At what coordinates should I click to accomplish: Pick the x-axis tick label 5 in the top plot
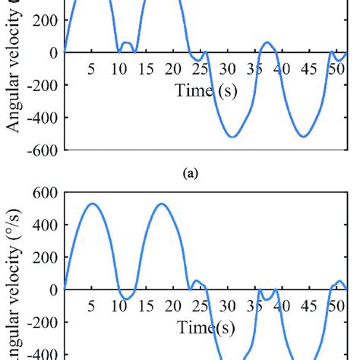(x=91, y=70)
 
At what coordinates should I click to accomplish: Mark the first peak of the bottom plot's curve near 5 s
(x=92, y=204)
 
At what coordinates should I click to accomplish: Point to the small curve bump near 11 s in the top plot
(x=126, y=43)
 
